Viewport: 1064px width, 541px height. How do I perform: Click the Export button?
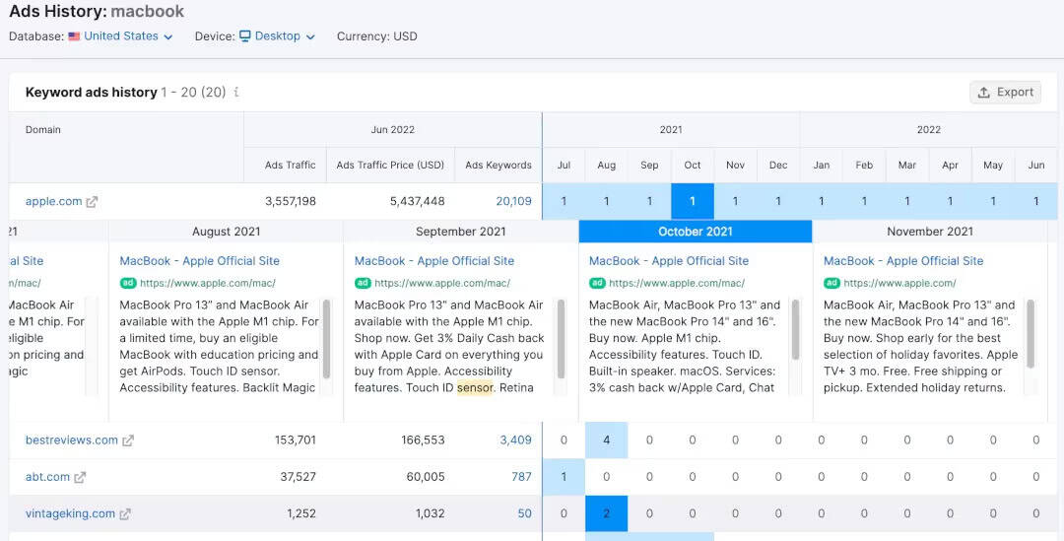[x=1005, y=92]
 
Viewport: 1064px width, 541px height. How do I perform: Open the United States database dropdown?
[x=120, y=36]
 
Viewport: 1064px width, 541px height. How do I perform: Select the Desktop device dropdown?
[x=277, y=36]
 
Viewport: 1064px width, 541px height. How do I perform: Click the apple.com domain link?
[x=54, y=201]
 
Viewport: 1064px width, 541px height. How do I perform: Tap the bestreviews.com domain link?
[x=72, y=440]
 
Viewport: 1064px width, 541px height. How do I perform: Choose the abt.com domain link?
[x=47, y=477]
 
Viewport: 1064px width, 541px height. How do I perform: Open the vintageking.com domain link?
[x=70, y=513]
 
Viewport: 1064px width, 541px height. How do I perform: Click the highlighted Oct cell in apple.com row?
[x=693, y=201]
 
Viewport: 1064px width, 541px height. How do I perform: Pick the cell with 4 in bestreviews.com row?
[x=606, y=440]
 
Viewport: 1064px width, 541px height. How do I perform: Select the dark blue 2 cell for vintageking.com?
[x=606, y=513]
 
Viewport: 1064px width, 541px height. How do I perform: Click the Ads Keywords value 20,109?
[x=513, y=201]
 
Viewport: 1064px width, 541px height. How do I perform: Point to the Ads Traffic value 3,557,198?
[x=291, y=201]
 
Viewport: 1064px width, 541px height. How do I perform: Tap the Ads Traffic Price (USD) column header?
[x=390, y=166]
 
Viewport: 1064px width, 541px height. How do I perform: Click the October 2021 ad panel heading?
[x=696, y=232]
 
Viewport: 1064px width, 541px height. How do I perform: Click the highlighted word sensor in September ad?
[x=475, y=387]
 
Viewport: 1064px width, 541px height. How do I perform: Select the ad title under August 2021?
[x=200, y=261]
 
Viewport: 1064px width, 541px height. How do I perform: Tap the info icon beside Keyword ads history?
[x=236, y=93]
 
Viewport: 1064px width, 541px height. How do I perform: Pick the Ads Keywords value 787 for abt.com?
[x=521, y=477]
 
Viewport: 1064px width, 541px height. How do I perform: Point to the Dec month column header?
[x=778, y=166]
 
